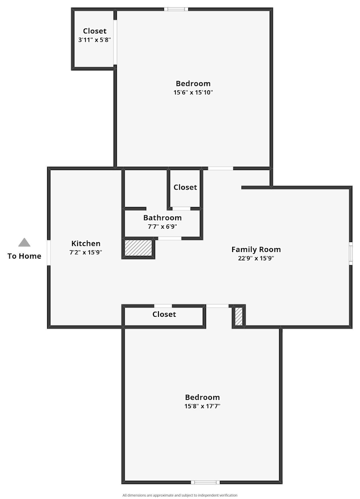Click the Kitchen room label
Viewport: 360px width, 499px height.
(x=86, y=244)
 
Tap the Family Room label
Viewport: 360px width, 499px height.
(x=256, y=250)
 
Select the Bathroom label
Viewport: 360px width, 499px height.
(x=162, y=218)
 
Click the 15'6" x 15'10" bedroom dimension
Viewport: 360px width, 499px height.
(x=193, y=92)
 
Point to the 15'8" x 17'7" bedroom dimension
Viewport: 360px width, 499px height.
(x=202, y=406)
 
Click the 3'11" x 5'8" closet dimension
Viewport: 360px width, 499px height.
(x=95, y=40)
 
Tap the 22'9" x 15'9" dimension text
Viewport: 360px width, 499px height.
(x=256, y=258)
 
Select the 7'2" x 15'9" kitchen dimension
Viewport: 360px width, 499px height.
(x=86, y=252)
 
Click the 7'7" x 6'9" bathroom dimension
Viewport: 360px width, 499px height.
(x=162, y=227)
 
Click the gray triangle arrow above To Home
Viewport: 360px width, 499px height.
(x=24, y=243)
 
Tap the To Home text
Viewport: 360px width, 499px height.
(x=24, y=256)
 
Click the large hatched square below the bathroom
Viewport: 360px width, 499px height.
(x=138, y=248)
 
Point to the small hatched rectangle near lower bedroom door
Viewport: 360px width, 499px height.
(x=239, y=316)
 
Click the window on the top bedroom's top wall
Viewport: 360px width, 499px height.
(x=176, y=9)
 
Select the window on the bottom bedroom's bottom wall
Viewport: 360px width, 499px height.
(x=205, y=482)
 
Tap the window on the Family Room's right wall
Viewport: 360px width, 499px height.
(x=351, y=252)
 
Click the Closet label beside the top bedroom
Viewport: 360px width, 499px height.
(x=95, y=31)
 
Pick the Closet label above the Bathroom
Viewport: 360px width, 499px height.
(x=185, y=187)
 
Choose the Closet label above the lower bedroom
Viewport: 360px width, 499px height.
(x=164, y=315)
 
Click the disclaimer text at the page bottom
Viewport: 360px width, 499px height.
(x=179, y=495)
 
